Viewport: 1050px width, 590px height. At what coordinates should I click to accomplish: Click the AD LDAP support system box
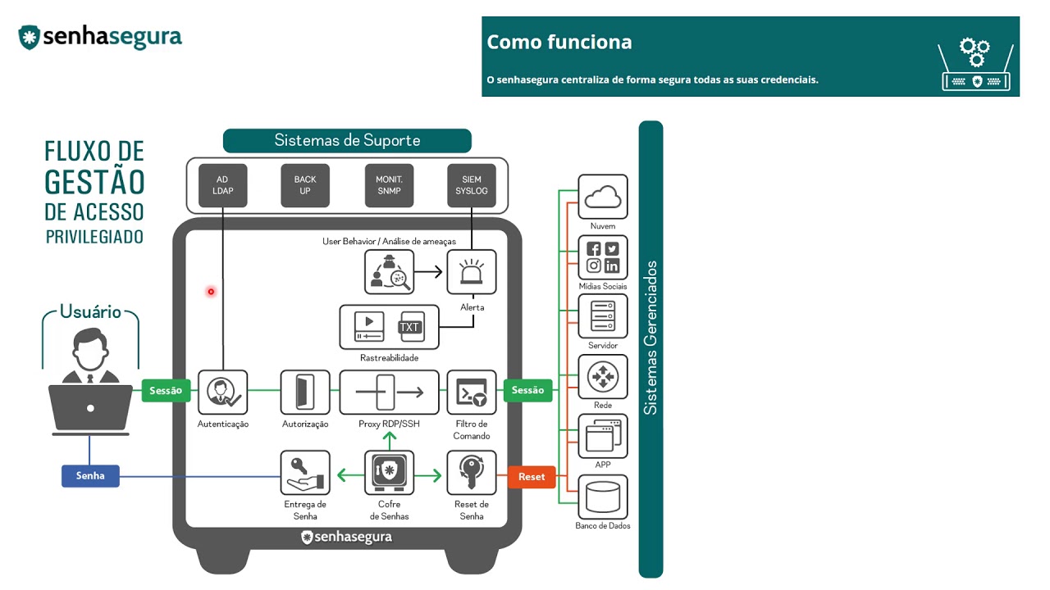tap(223, 185)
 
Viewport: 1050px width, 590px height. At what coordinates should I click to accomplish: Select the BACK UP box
tap(305, 185)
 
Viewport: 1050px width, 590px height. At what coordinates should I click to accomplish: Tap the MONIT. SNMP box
tap(389, 185)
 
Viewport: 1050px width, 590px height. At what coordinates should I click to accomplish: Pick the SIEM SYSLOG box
tap(472, 185)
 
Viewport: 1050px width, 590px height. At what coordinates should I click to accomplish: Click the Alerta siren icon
tap(472, 272)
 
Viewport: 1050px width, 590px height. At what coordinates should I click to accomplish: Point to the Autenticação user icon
tap(222, 393)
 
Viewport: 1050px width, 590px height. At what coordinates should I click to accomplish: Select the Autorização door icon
tap(305, 393)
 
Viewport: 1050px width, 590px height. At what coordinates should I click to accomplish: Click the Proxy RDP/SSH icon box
tap(389, 393)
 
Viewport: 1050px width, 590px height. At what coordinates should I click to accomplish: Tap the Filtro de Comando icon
tap(472, 393)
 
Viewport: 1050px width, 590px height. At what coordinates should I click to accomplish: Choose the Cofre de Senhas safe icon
tap(389, 473)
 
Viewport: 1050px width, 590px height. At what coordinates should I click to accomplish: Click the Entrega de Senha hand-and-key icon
tap(305, 473)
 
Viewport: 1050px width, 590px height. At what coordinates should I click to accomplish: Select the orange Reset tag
tap(532, 477)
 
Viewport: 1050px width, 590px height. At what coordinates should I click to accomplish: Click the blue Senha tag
tap(90, 476)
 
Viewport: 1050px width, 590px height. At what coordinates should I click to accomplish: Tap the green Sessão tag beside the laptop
tap(166, 391)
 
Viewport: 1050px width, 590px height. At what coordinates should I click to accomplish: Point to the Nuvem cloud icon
tap(603, 197)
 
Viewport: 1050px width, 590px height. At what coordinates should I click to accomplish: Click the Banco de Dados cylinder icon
tap(603, 497)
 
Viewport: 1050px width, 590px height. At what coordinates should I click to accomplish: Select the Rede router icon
tap(603, 377)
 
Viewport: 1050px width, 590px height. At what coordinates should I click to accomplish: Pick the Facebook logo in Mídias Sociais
tap(593, 249)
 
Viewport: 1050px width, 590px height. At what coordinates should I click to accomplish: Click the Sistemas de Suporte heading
tap(347, 141)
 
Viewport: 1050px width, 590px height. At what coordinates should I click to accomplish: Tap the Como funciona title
tap(559, 43)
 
